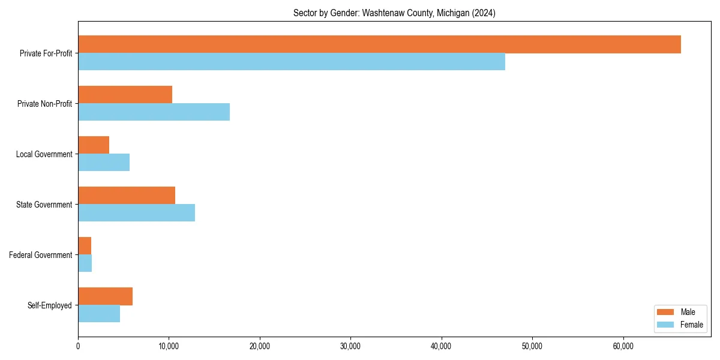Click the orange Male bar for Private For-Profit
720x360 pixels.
click(x=379, y=44)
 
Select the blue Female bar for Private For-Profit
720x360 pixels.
click(x=292, y=62)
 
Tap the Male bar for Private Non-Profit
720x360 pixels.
click(x=125, y=95)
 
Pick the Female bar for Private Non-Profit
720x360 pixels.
click(x=154, y=112)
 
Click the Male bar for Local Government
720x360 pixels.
click(x=94, y=145)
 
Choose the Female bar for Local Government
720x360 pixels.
click(x=104, y=163)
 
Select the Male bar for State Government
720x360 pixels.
click(x=127, y=196)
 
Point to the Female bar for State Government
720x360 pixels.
click(x=136, y=213)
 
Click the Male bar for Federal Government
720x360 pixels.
click(x=85, y=246)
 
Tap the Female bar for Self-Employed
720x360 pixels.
click(x=99, y=314)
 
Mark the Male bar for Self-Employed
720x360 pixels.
click(x=105, y=296)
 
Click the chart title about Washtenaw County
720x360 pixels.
click(x=394, y=13)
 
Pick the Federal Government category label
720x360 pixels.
click(x=41, y=255)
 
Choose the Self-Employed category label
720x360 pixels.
click(x=50, y=305)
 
